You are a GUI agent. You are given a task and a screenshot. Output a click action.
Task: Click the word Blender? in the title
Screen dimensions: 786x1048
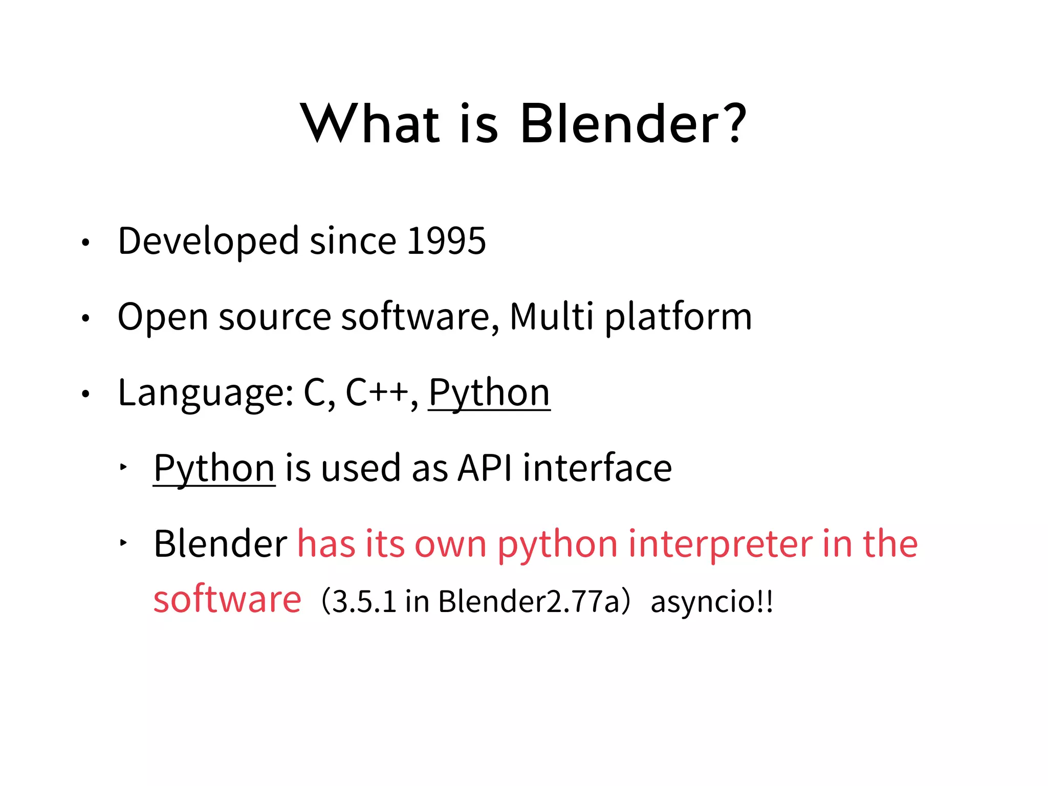633,124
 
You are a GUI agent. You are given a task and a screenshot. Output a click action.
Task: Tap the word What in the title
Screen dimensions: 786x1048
369,124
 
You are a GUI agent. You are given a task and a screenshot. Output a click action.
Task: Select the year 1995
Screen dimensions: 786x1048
446,241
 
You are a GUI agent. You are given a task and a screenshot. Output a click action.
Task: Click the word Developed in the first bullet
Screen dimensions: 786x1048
208,242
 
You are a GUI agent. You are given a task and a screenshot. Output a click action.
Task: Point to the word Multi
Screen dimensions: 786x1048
551,316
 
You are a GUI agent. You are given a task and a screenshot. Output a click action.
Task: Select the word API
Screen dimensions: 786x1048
485,468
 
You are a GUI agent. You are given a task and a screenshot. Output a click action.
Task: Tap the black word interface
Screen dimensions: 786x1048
597,468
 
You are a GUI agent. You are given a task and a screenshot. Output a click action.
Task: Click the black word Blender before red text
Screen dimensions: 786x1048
221,543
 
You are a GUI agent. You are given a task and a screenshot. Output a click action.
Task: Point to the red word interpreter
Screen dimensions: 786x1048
720,543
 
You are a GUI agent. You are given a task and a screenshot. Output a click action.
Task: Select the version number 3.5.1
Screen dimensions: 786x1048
364,602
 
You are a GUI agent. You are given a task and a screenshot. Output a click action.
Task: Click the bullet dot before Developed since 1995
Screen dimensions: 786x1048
85,243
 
